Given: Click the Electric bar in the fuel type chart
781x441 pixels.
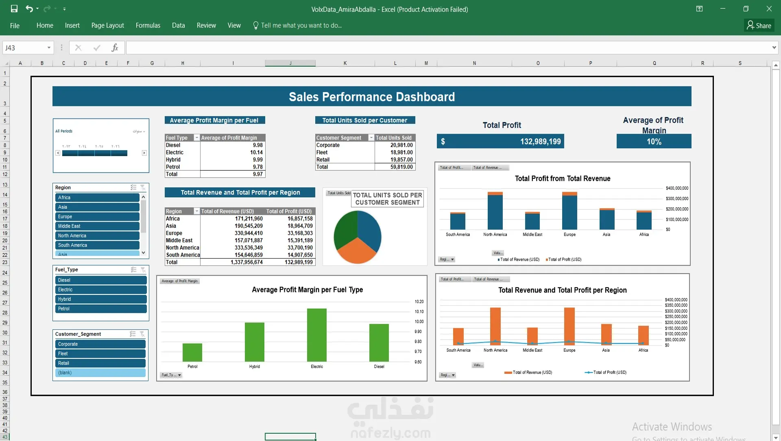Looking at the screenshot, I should tap(316, 335).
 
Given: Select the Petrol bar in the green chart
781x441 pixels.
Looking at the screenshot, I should tap(192, 352).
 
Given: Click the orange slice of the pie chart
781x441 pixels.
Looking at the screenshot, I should tap(357, 250).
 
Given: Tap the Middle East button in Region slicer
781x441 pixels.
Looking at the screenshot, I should tap(97, 226).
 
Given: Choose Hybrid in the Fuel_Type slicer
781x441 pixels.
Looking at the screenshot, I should tap(100, 299).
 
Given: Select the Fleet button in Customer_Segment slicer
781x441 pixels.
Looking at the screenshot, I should tap(100, 353).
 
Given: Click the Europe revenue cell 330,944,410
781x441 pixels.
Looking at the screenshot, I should tap(249, 233).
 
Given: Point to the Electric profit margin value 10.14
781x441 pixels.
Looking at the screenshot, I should tap(256, 152).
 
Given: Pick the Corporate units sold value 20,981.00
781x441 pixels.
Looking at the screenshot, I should tap(401, 145).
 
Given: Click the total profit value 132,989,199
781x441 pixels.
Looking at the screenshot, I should tap(540, 142).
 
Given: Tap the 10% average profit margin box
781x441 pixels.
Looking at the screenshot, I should tap(654, 142).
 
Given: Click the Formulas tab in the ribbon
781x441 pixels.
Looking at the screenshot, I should tap(148, 25).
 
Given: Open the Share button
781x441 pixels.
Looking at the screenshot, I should tap(759, 25).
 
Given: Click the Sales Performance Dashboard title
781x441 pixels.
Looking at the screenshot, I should tap(371, 97).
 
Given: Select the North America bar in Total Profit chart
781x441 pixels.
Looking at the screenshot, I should tap(495, 212).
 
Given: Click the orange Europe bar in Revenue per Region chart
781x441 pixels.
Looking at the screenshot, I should tap(569, 326).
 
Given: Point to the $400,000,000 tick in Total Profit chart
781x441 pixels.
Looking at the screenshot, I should tap(677, 188).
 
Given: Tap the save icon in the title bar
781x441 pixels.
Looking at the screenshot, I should tap(14, 9).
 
